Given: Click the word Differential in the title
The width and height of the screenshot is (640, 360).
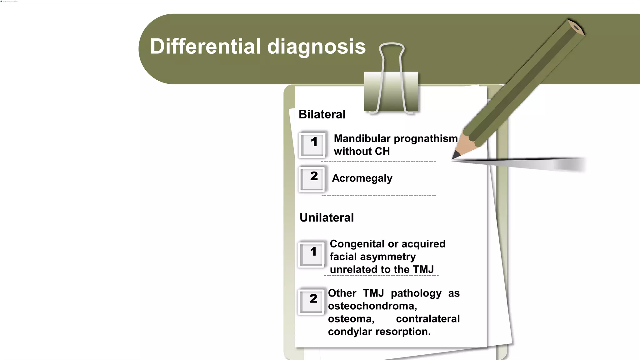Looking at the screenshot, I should [x=205, y=47].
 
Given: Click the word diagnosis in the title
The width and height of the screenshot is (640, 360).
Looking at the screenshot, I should [x=316, y=47].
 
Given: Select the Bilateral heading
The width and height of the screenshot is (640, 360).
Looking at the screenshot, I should [x=322, y=114].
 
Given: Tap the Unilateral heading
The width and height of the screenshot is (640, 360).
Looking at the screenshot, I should [x=327, y=217].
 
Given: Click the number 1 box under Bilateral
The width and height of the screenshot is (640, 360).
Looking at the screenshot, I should [x=312, y=144].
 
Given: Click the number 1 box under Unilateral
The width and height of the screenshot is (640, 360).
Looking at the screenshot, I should [x=311, y=254].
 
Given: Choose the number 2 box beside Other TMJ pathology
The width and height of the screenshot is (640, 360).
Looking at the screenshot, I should [x=311, y=301].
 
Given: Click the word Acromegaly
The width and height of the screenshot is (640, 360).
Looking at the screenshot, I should [x=362, y=178].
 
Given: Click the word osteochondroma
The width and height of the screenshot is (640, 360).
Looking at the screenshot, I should [x=372, y=306].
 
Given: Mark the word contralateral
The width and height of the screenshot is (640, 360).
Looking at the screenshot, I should [x=427, y=319].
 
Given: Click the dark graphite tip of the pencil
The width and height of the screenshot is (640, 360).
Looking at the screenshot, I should [x=456, y=155].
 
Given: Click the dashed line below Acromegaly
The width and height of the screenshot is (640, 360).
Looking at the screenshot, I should [x=378, y=196].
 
